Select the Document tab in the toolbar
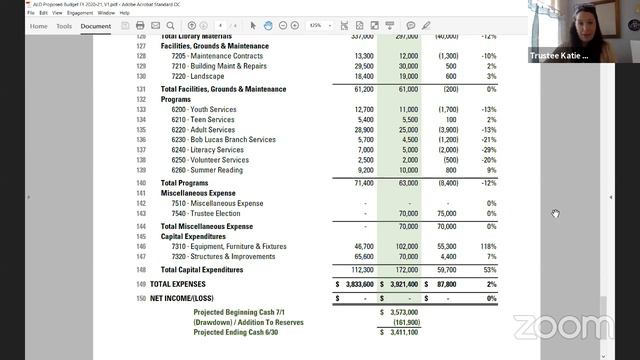(96, 26)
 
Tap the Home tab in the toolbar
(39, 26)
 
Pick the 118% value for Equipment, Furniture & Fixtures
(489, 245)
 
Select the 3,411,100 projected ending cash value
(402, 332)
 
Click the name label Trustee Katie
(559, 57)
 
